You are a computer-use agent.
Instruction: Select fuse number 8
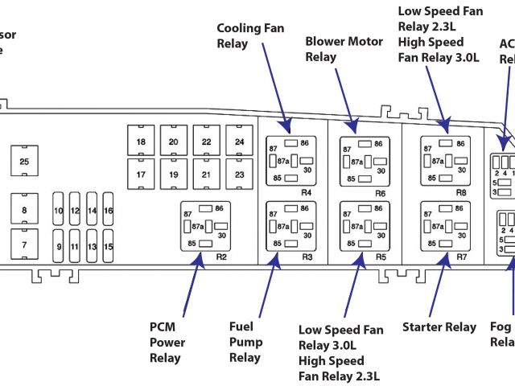(24, 210)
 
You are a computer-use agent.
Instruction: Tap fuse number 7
(24, 244)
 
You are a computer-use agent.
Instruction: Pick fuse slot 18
(141, 142)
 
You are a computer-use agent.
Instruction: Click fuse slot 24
(239, 142)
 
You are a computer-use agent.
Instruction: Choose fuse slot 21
(206, 175)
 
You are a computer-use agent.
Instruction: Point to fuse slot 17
(141, 175)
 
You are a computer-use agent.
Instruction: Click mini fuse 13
(92, 246)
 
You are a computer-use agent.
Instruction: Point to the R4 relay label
(307, 193)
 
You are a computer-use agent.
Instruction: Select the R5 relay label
(381, 257)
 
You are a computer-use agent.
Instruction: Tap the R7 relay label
(462, 257)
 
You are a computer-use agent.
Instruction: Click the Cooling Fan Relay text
(250, 36)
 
